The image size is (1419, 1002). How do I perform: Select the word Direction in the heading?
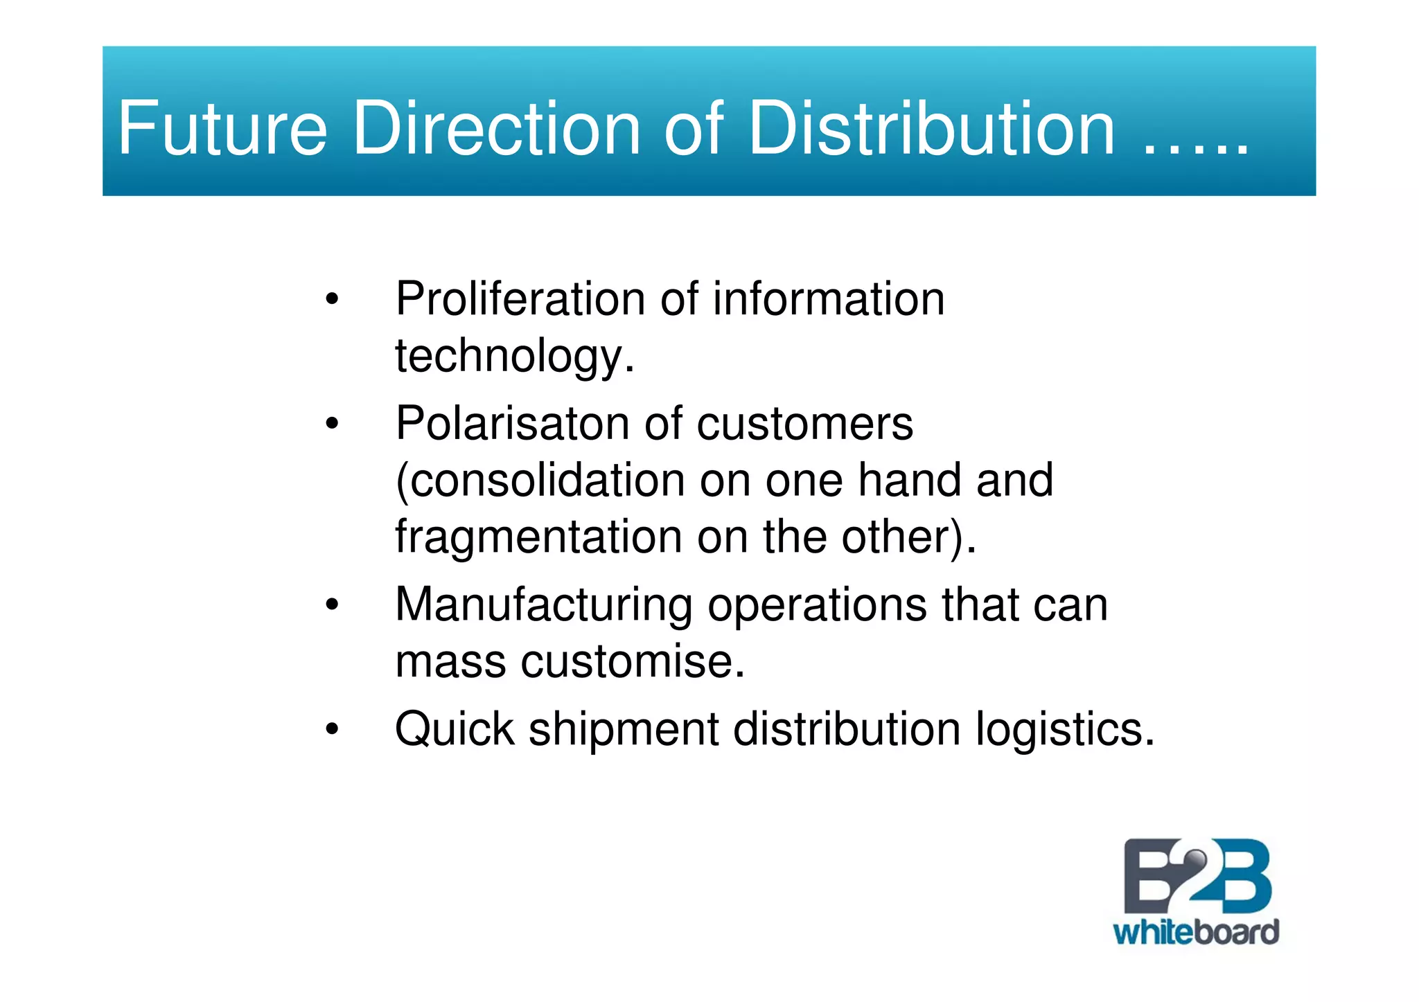pyautogui.click(x=497, y=129)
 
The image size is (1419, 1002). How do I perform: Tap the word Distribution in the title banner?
pyautogui.click(x=931, y=129)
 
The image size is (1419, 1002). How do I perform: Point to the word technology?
pyautogui.click(x=513, y=357)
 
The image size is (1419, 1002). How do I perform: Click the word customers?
pyautogui.click(x=804, y=423)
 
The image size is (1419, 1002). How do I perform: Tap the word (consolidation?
pyautogui.click(x=540, y=480)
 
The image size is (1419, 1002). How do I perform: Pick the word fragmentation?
pyautogui.click(x=539, y=537)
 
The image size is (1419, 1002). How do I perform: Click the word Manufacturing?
pyautogui.click(x=543, y=605)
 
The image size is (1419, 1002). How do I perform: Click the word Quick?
pyautogui.click(x=455, y=729)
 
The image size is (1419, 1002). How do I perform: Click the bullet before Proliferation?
pyautogui.click(x=332, y=300)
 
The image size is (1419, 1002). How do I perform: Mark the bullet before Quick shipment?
pyautogui.click(x=332, y=729)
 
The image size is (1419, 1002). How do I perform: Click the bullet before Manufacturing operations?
pyautogui.click(x=332, y=605)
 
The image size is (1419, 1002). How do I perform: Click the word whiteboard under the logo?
pyautogui.click(x=1196, y=932)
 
